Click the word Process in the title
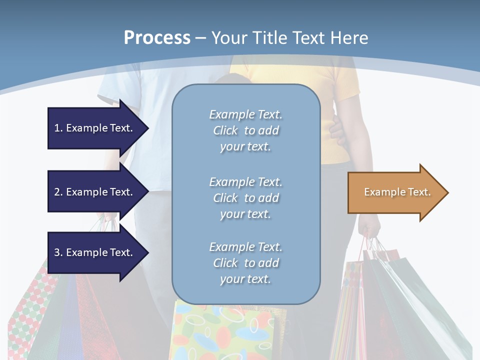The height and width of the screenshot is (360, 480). pos(157,38)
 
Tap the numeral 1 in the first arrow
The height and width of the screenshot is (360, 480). pos(57,128)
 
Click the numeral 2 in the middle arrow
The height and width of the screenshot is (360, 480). pos(57,192)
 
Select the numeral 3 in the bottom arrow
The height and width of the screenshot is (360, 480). pos(57,252)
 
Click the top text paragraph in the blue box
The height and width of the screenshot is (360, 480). pos(245,130)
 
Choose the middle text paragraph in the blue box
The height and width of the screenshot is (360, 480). pos(245,198)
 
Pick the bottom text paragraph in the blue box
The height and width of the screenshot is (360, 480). pos(245,263)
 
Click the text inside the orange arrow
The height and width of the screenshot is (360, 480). pos(397,192)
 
